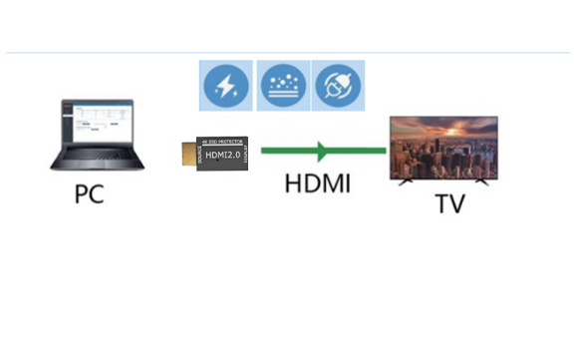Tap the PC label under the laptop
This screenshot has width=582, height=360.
point(89,193)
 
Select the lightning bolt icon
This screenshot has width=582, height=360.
point(225,87)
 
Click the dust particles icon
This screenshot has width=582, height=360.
point(283,87)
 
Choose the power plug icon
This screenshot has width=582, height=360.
point(339,87)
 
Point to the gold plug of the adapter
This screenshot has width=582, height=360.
point(188,153)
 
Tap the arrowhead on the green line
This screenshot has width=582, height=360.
point(321,152)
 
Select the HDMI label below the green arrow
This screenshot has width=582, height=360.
point(317,183)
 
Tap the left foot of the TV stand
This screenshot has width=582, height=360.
point(406,182)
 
